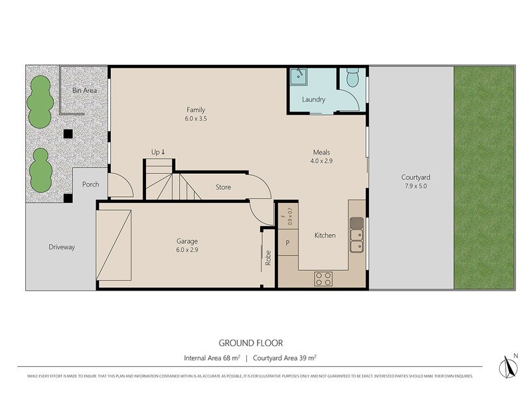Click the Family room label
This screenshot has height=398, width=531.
(x=195, y=110)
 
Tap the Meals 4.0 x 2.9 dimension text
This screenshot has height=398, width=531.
(x=321, y=161)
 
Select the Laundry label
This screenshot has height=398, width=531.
(x=313, y=100)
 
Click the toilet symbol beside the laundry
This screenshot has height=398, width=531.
(x=353, y=80)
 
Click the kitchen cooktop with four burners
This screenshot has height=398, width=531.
(x=323, y=279)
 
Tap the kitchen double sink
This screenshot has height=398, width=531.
(x=356, y=239)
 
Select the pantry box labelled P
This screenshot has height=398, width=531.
(x=287, y=243)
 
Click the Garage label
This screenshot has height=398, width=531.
(x=187, y=241)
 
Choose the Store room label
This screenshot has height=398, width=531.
(x=223, y=187)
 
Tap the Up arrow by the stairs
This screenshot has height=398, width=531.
(x=158, y=152)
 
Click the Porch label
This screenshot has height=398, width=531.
(x=90, y=184)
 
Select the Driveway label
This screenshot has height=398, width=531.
(x=62, y=247)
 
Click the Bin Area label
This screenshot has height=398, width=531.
(x=85, y=90)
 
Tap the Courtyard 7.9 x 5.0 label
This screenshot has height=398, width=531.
(x=416, y=182)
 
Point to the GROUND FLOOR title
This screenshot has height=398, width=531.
(x=251, y=343)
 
